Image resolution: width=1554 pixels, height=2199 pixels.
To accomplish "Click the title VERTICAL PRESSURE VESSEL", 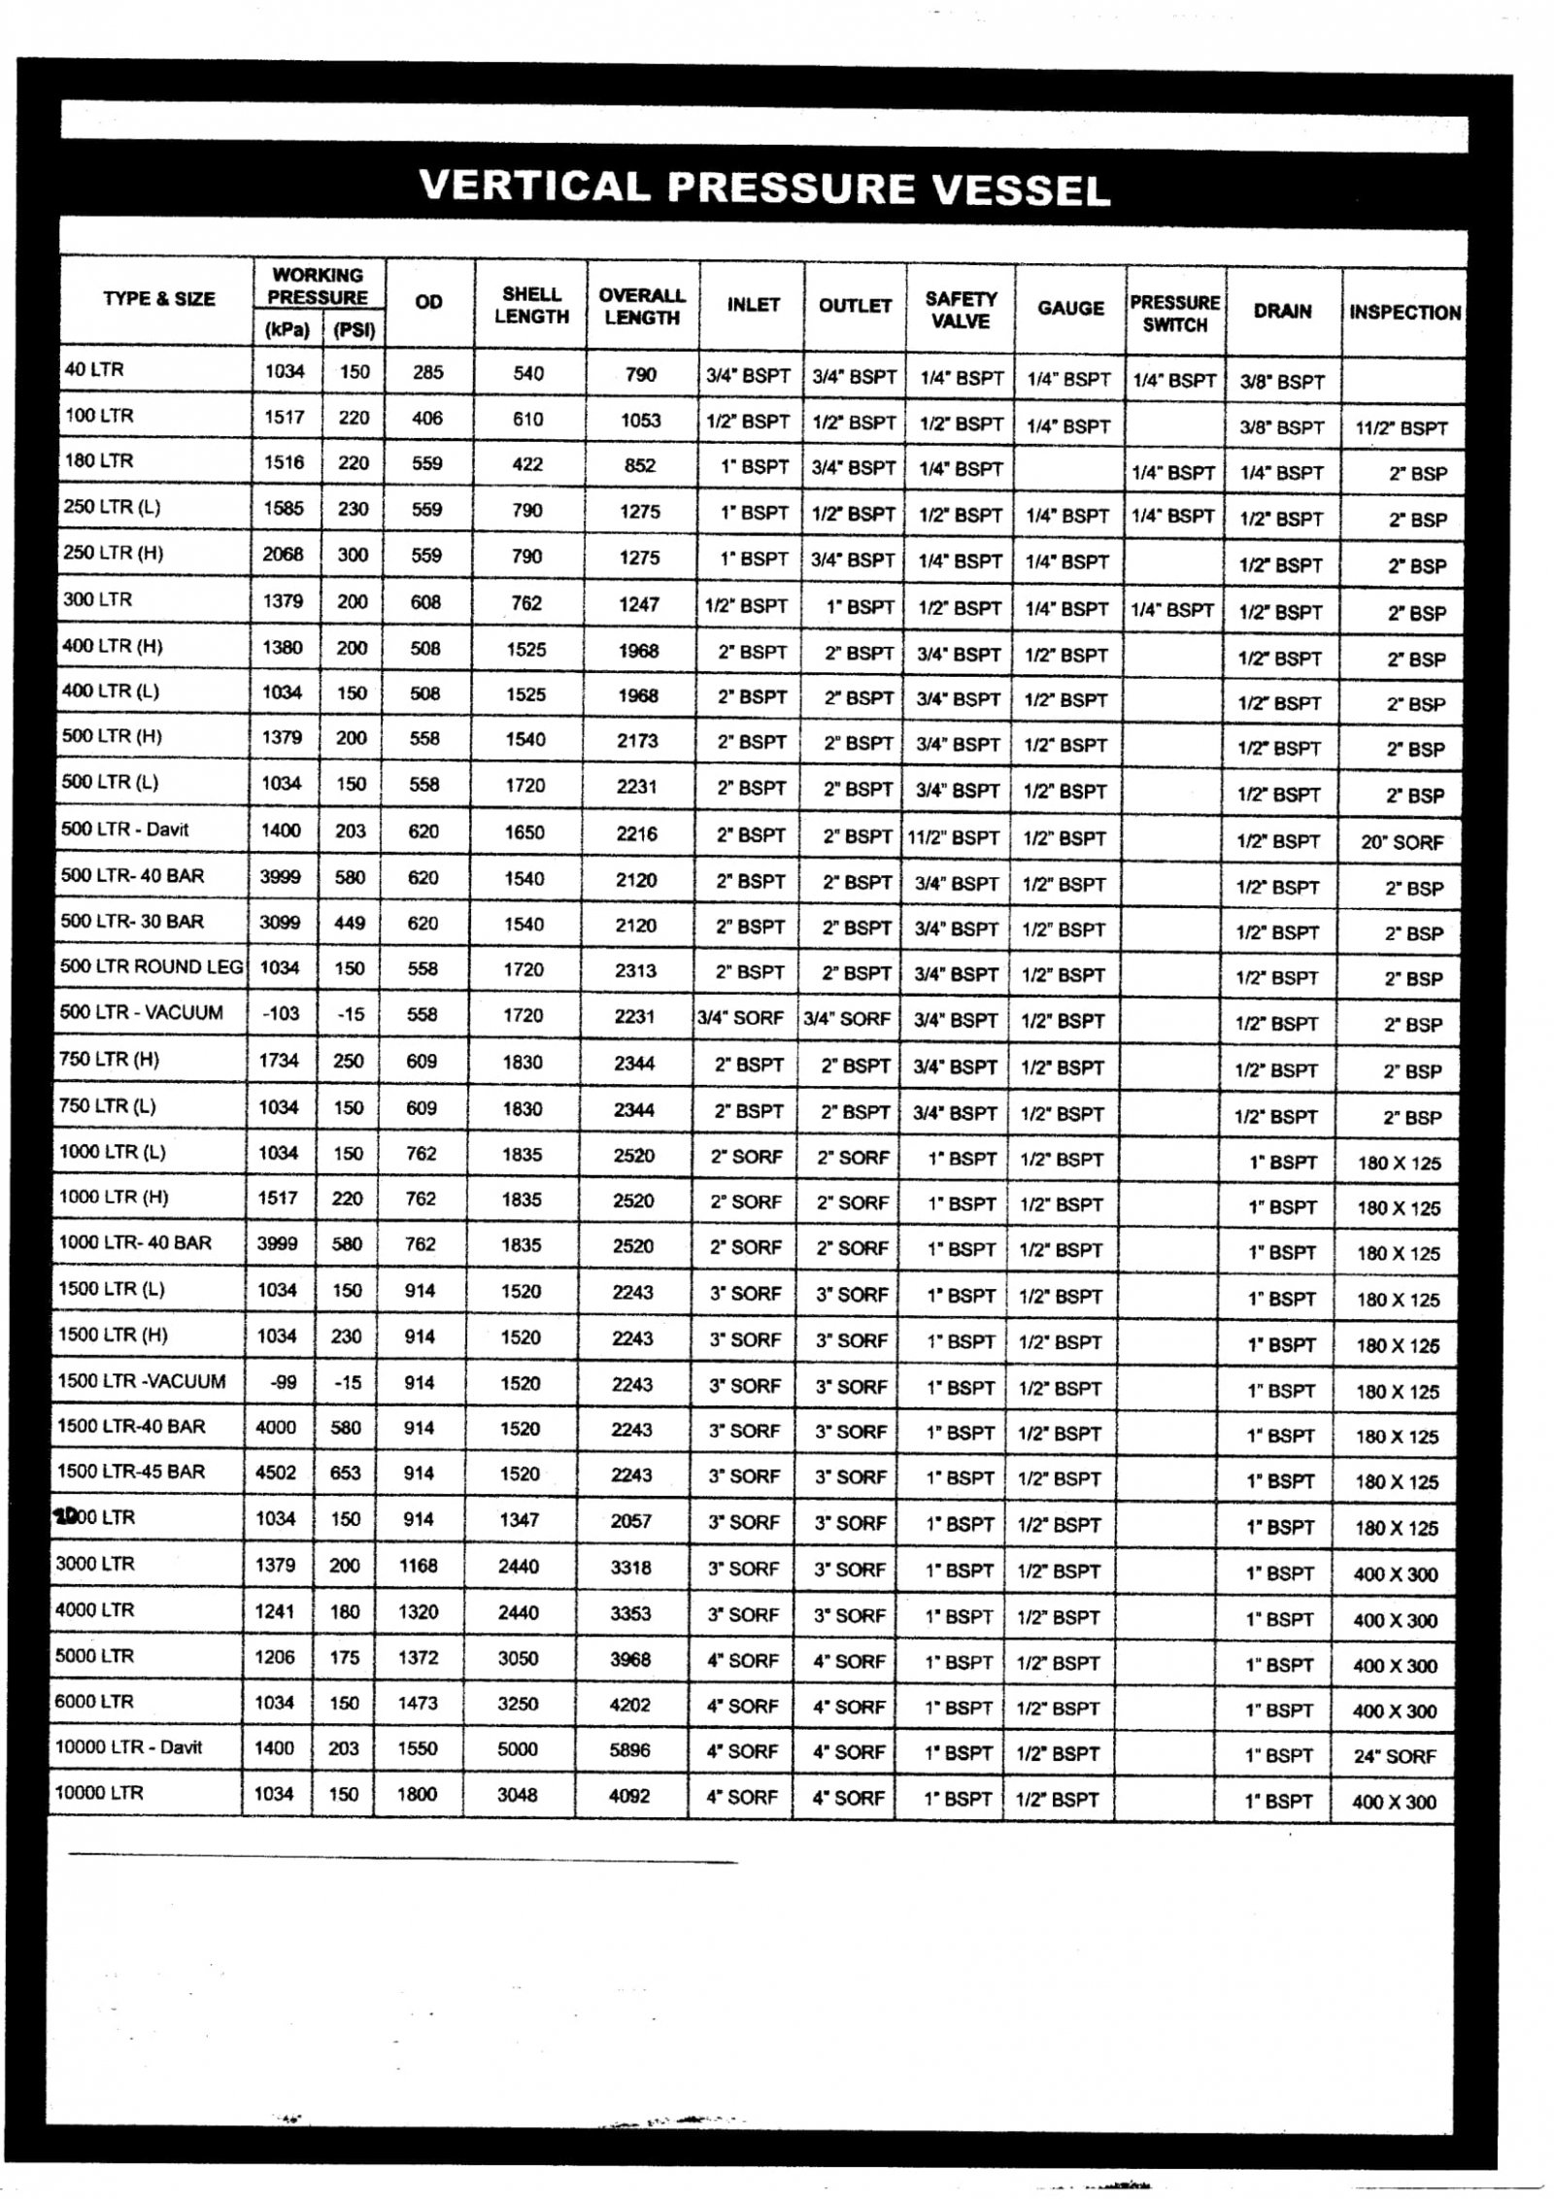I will point(764,187).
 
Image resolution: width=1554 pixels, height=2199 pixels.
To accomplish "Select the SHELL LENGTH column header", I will point(531,305).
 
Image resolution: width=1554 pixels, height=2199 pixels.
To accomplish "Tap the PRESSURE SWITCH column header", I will point(1174,313).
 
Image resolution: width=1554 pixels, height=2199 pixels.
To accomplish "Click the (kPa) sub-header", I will point(287,330).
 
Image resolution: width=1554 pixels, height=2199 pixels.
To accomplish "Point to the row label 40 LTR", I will point(94,369).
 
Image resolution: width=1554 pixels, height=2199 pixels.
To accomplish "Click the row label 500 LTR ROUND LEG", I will point(152,966).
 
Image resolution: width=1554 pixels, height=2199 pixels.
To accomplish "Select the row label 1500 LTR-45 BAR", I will point(131,1472).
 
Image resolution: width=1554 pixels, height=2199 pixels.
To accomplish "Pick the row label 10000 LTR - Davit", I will point(128,1747).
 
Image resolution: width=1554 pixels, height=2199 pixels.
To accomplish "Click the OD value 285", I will point(427,372).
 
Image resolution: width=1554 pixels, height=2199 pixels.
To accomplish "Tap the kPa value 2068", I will point(283,555).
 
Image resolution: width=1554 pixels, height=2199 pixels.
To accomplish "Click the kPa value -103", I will point(280,1013).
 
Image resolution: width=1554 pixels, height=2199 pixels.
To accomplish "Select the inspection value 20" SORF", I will point(1402,842).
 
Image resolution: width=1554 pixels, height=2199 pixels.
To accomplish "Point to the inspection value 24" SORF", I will point(1395,1756).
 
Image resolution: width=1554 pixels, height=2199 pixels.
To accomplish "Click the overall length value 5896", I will point(629,1750).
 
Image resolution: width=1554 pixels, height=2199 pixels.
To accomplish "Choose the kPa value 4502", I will point(276,1472).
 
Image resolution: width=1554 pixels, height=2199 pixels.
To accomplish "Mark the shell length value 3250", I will point(518,1704).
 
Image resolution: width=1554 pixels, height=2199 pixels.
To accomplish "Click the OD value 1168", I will point(418,1566).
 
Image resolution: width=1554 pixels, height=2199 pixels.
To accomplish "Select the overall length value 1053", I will point(640,420).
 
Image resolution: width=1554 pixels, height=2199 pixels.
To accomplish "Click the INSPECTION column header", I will point(1404,313).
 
